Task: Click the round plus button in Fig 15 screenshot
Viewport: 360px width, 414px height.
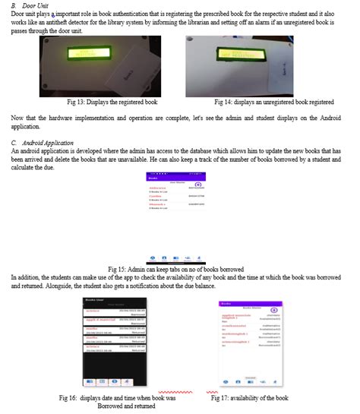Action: (198, 185)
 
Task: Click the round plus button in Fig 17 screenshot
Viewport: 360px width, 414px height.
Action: (274, 310)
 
